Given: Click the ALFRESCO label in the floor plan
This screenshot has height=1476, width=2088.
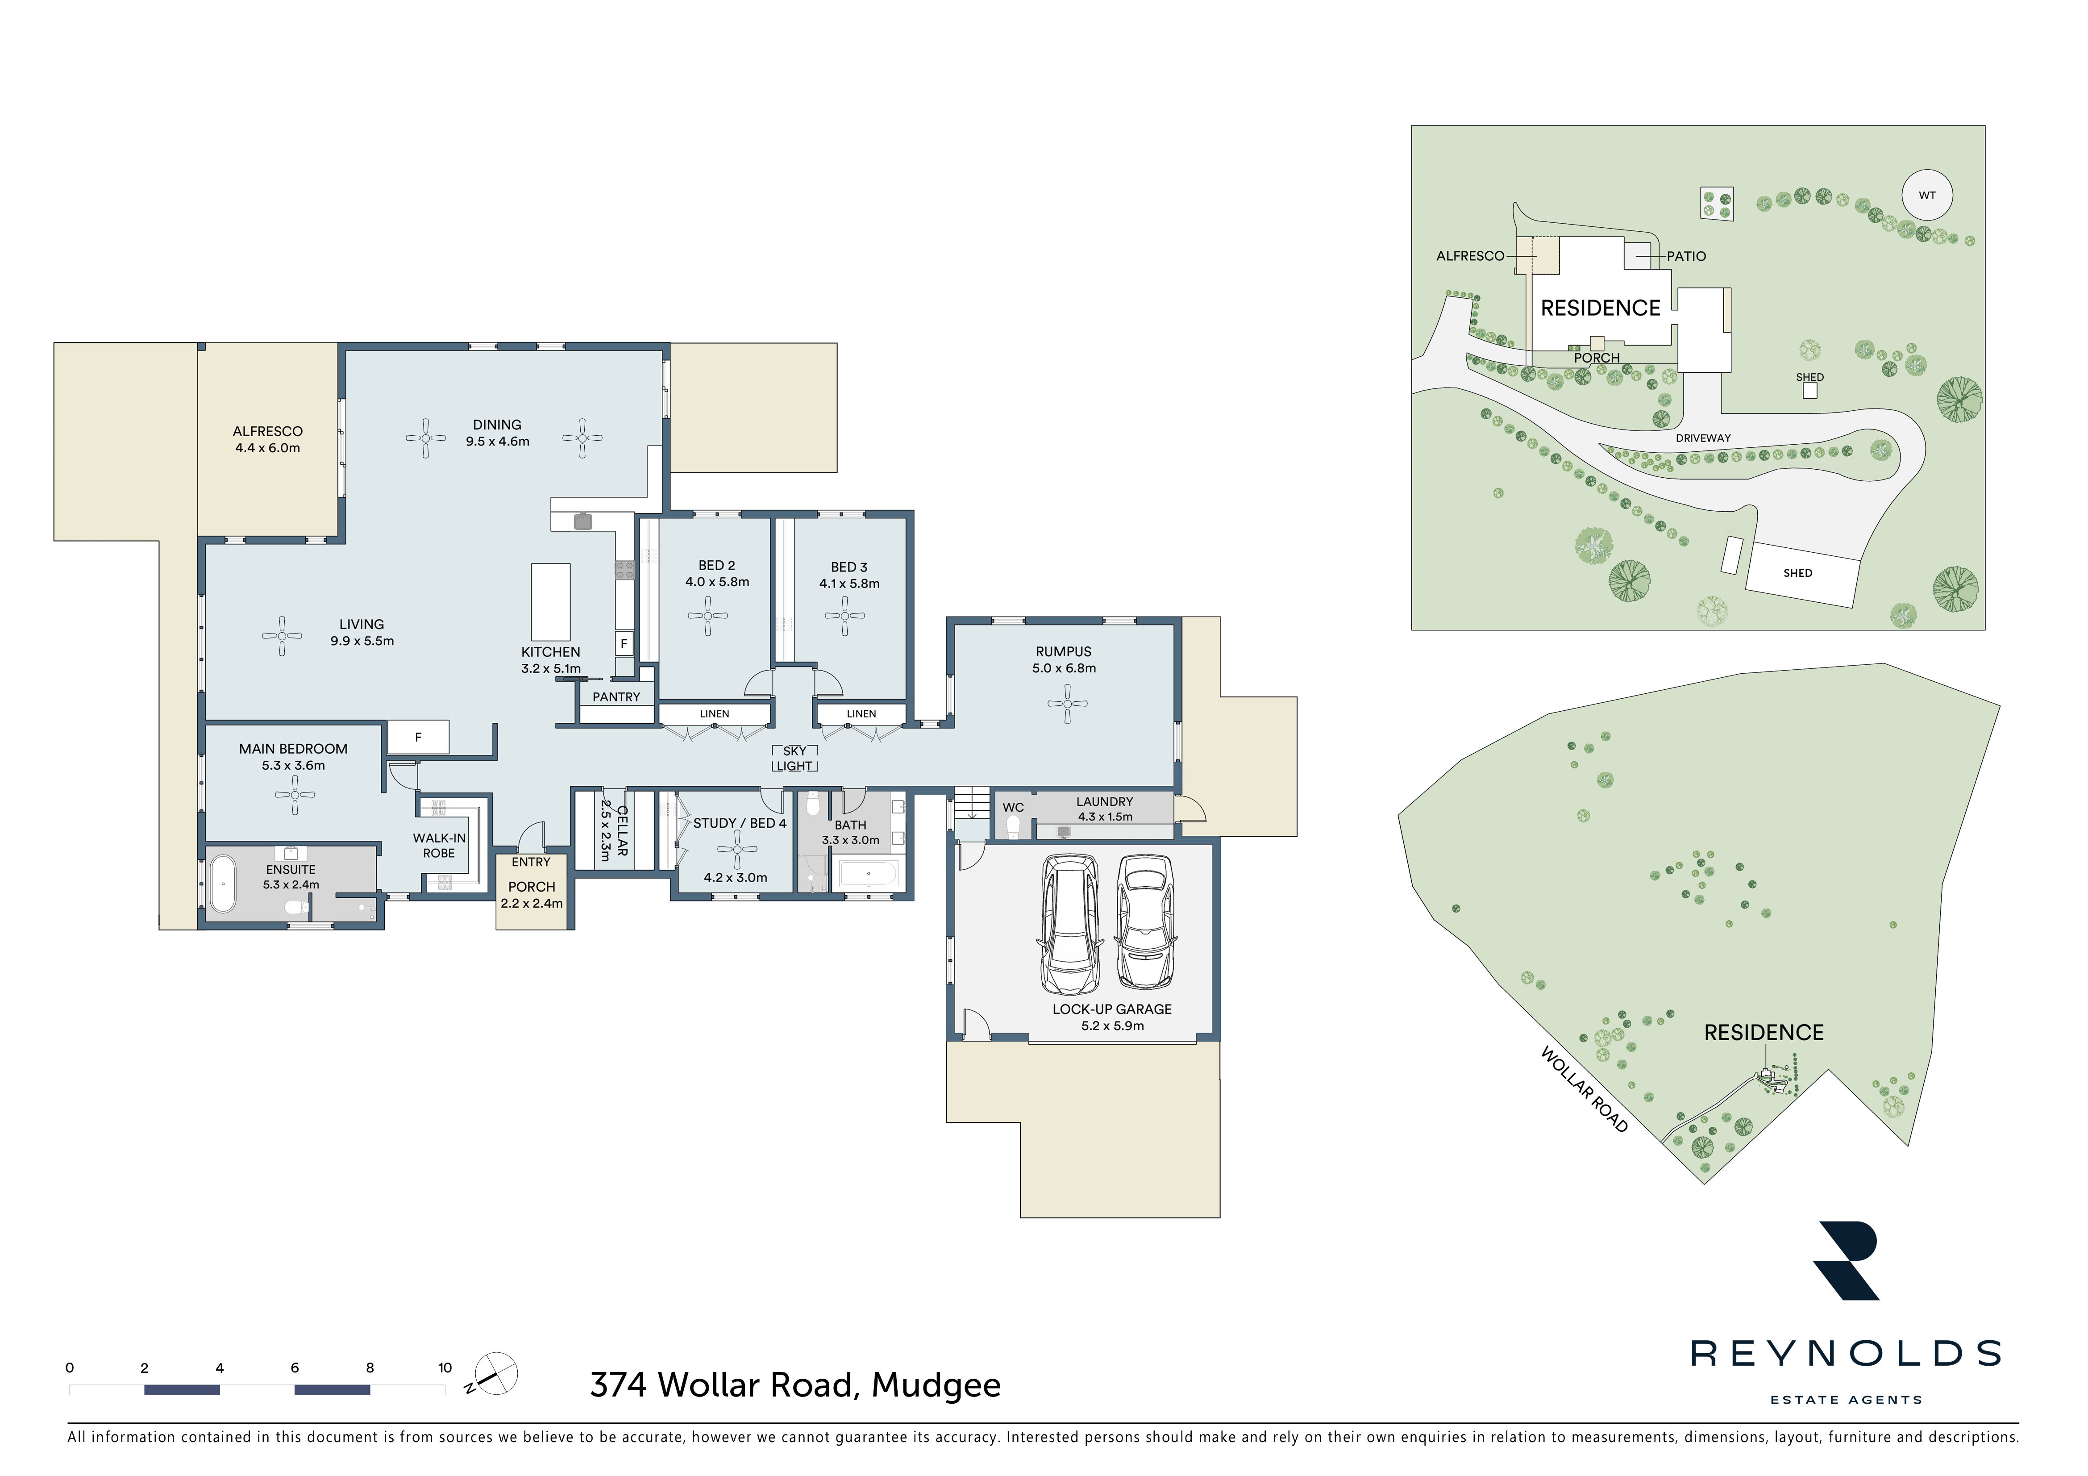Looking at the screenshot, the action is click(267, 431).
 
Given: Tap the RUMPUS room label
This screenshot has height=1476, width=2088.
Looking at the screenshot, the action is click(1063, 651).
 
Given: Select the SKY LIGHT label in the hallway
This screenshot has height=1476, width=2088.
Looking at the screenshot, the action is click(795, 759).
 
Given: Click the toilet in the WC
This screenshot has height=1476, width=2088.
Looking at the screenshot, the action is click(1013, 826).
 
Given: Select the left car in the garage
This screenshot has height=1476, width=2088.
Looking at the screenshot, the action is click(1070, 924).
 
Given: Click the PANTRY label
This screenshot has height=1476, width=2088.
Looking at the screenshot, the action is click(616, 696).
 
